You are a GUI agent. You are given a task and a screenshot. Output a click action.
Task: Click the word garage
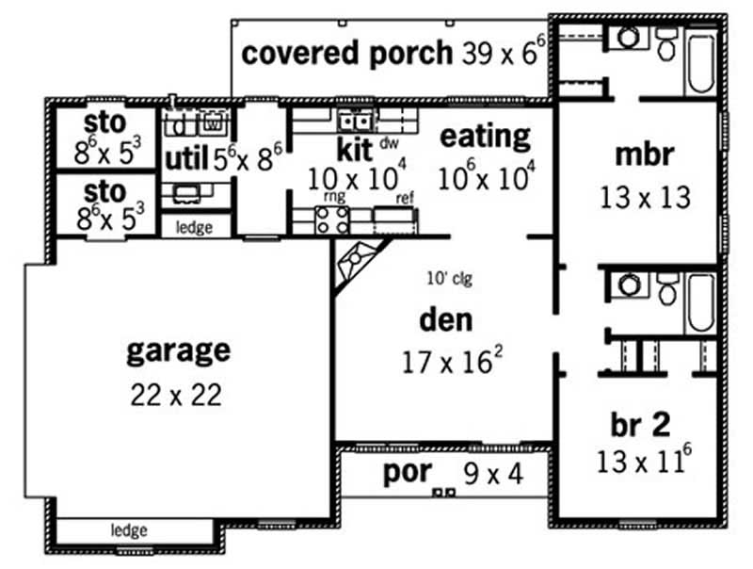point(177,350)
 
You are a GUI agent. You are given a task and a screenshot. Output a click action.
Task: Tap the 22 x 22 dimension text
point(177,394)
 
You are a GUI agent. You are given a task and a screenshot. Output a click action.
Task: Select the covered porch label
point(346,53)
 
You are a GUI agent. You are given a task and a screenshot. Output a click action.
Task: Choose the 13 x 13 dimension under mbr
point(645,198)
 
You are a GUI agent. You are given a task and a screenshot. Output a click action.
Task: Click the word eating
point(486,137)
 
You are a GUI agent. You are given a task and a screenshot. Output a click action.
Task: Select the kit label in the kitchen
point(355,149)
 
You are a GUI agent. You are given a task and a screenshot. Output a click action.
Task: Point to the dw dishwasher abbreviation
point(389,142)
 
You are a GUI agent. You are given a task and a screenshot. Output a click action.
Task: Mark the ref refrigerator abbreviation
point(406,198)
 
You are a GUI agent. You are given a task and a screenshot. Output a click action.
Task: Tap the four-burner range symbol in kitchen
point(331,219)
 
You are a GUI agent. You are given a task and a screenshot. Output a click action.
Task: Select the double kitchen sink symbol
point(355,121)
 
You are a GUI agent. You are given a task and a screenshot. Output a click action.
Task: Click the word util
point(186,157)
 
